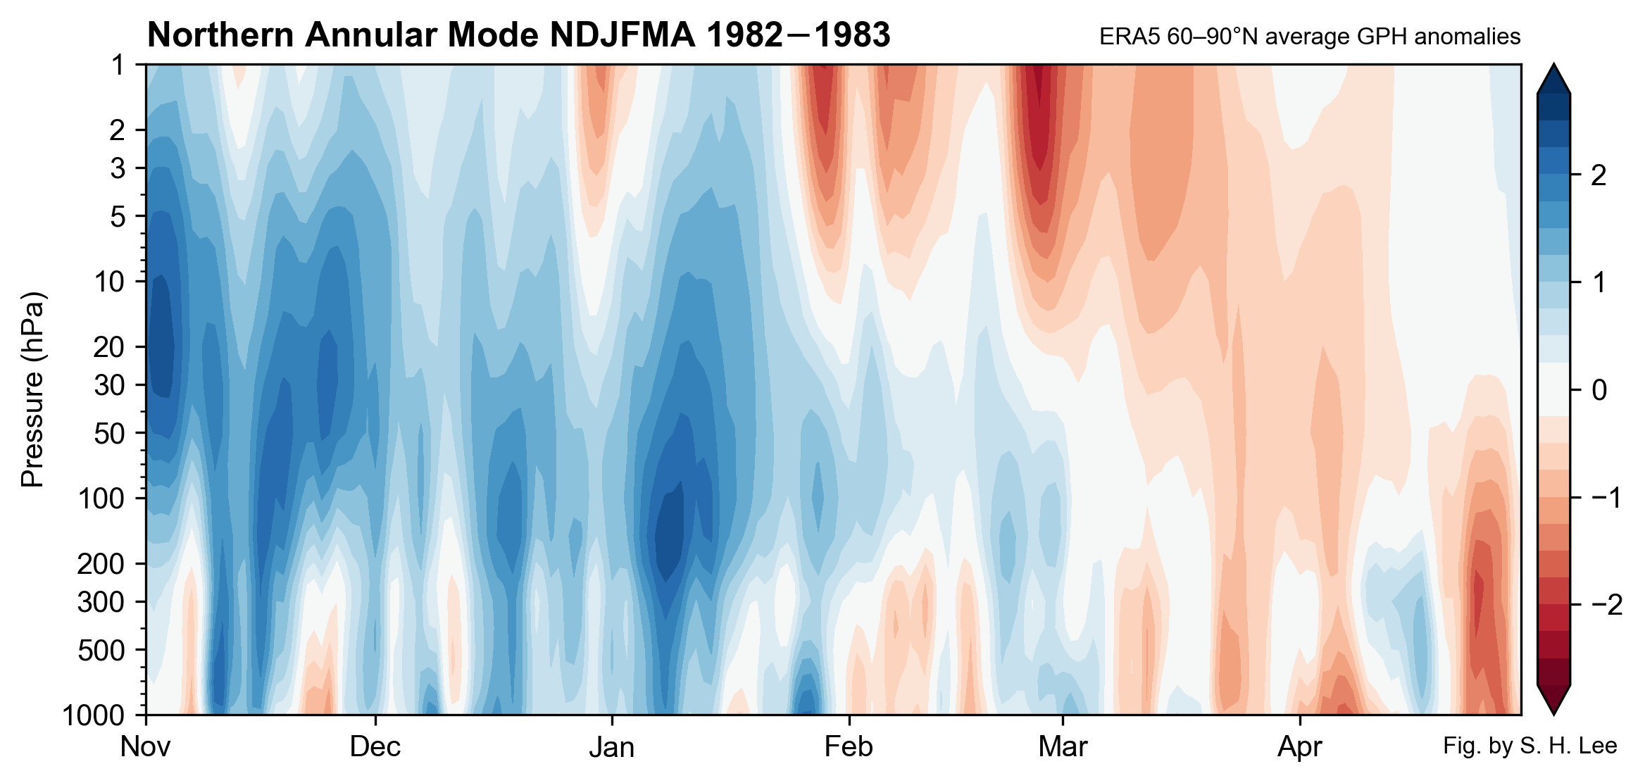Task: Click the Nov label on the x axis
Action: [x=145, y=747]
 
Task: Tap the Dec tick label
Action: [x=375, y=747]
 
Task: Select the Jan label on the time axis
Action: [x=611, y=747]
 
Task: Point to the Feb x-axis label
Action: [x=849, y=747]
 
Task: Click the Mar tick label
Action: [x=1063, y=747]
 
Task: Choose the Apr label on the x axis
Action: [x=1300, y=747]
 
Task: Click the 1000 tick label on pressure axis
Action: [x=93, y=715]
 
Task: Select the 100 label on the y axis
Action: [x=101, y=499]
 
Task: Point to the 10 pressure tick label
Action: [x=110, y=282]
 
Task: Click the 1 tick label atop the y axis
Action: [x=118, y=65]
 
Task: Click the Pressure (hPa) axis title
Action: [x=32, y=389]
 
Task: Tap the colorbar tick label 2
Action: [x=1599, y=175]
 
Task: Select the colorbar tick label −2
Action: [x=1606, y=605]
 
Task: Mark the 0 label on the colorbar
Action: [x=1599, y=390]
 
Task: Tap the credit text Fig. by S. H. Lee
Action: [x=1530, y=746]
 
